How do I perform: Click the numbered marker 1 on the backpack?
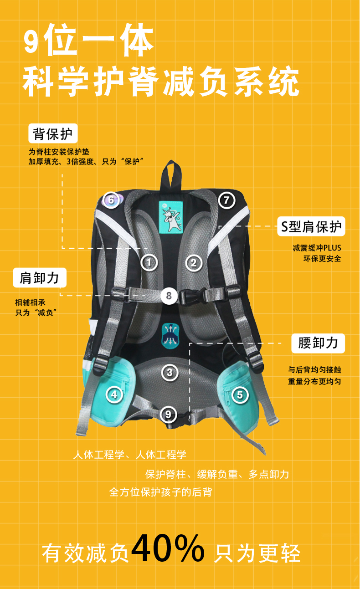click(149, 262)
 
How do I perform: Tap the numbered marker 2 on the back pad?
click(193, 262)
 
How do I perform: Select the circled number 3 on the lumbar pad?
click(170, 372)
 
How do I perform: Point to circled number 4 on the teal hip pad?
click(114, 394)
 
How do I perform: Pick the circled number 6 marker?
click(110, 200)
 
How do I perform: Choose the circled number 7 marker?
click(226, 200)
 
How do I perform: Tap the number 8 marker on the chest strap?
click(169, 296)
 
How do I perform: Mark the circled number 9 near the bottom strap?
click(169, 414)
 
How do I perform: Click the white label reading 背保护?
click(53, 134)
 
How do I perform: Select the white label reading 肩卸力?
click(40, 277)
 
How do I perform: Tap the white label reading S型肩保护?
click(311, 226)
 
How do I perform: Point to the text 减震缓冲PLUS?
click(317, 248)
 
